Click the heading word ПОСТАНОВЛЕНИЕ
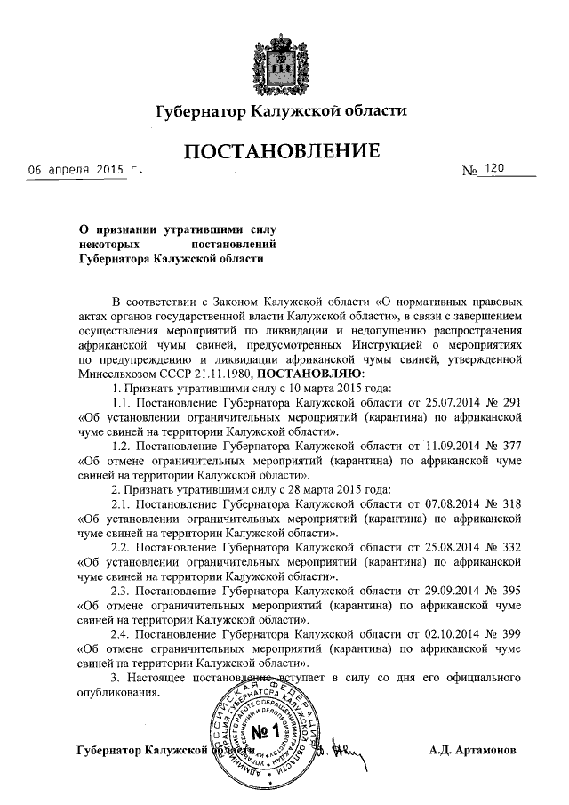(x=283, y=152)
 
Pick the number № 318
(x=501, y=504)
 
